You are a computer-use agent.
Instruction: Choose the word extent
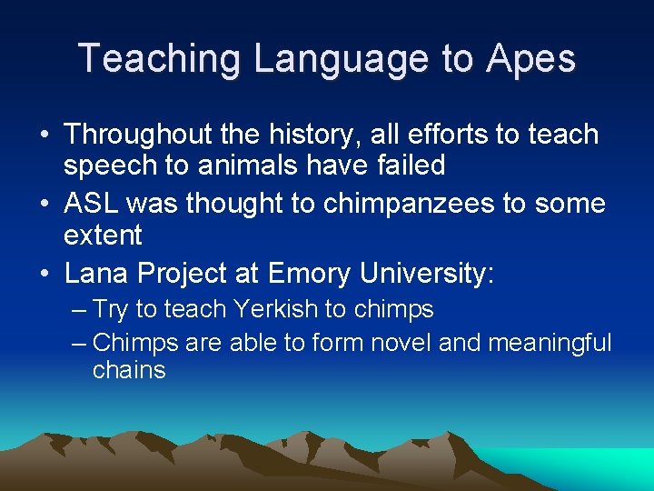103,235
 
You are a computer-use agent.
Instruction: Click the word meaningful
550,343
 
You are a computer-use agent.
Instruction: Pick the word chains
129,370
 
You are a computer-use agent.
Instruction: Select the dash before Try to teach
79,310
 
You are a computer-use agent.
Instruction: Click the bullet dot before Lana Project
45,274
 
